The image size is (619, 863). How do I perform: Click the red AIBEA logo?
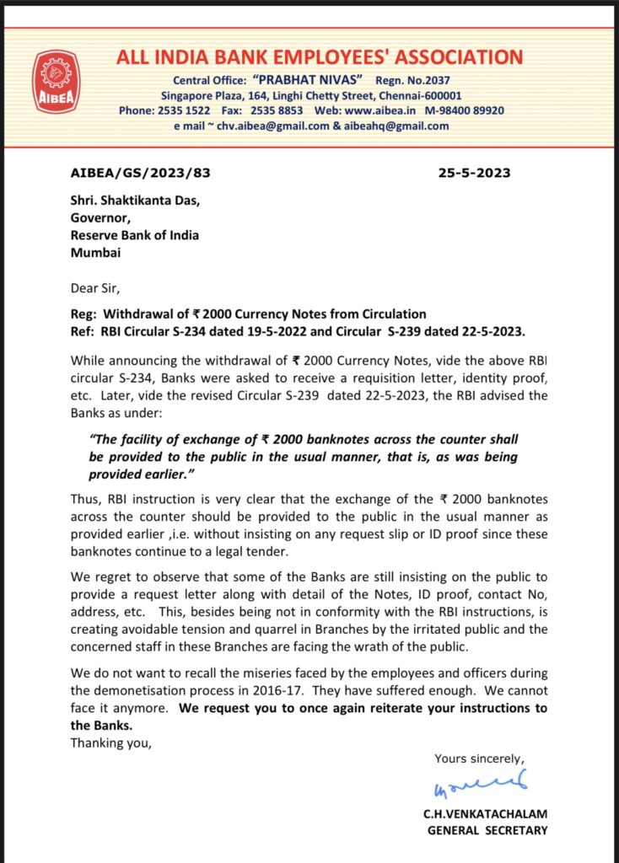pyautogui.click(x=57, y=83)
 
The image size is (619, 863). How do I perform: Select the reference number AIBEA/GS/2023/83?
pyautogui.click(x=140, y=174)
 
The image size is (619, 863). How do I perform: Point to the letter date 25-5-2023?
pyautogui.click(x=474, y=174)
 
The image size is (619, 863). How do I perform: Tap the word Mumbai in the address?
pyautogui.click(x=96, y=252)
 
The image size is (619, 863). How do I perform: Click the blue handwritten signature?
pyautogui.click(x=480, y=785)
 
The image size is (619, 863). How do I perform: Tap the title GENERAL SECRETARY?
pyautogui.click(x=487, y=830)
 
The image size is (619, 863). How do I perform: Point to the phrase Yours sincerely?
pyautogui.click(x=479, y=758)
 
